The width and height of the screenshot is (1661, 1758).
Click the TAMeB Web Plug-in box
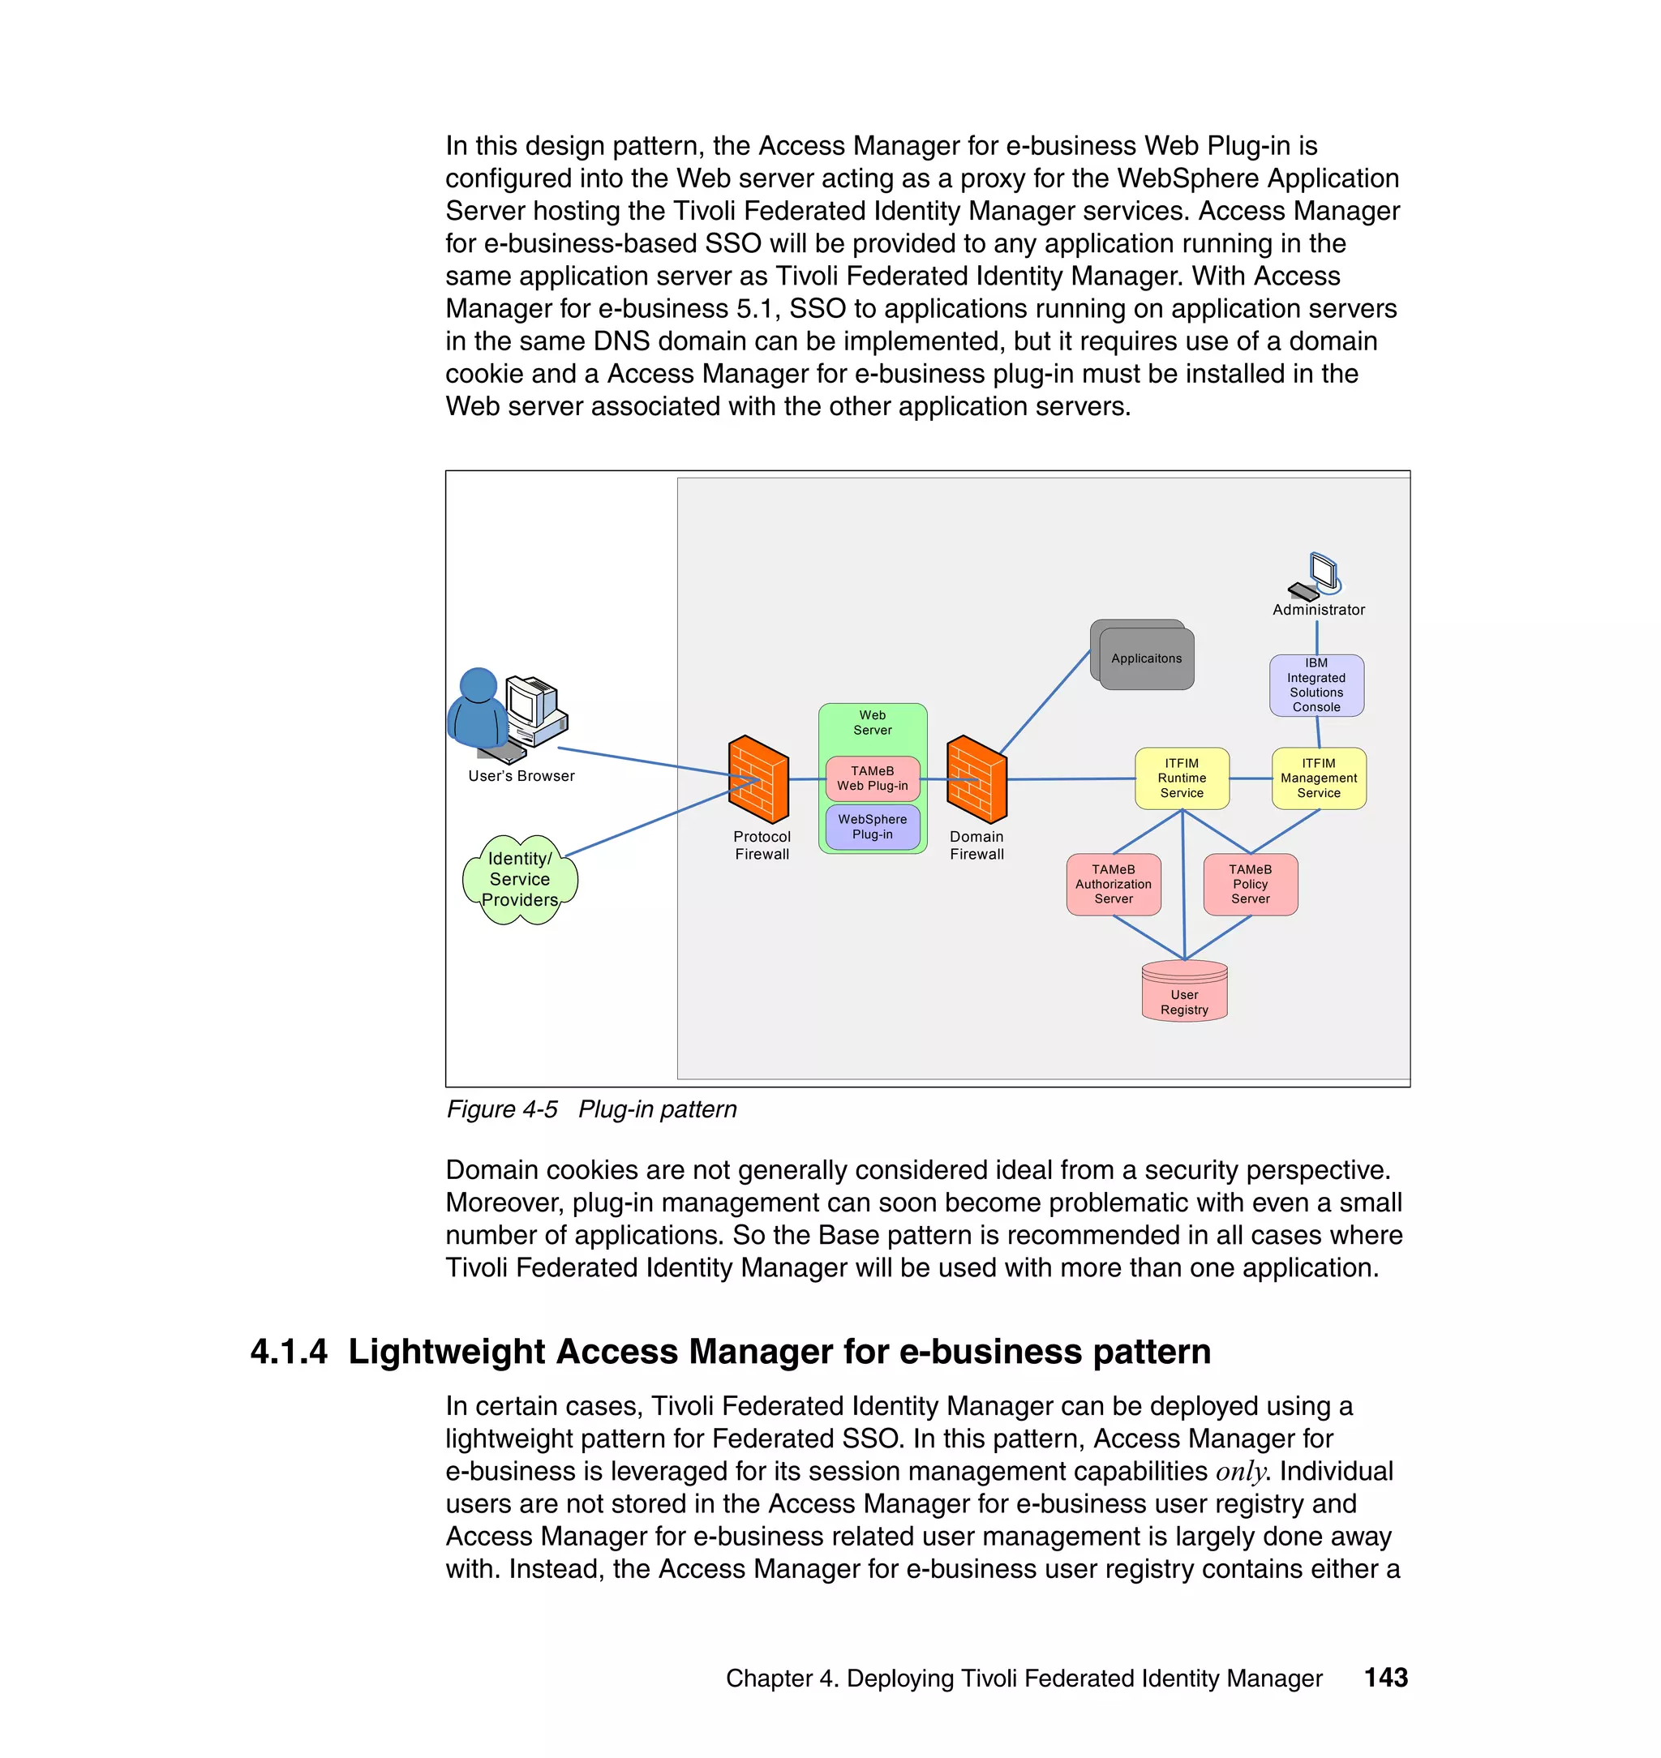[x=872, y=778]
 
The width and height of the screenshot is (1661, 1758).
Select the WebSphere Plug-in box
[x=872, y=827]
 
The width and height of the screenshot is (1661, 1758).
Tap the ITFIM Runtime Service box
[x=1181, y=778]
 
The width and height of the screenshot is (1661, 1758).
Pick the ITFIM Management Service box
[x=1319, y=778]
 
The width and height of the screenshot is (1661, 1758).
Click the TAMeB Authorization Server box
[x=1113, y=883]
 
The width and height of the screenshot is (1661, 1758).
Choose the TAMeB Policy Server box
[x=1250, y=883]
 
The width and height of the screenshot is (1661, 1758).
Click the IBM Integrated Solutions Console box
[x=1315, y=685]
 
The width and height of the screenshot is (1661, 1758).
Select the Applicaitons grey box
[x=1145, y=658]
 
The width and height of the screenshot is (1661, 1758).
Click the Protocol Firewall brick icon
[x=758, y=779]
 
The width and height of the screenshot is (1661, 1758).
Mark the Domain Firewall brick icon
[x=976, y=779]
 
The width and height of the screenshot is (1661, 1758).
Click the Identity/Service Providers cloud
[x=520, y=879]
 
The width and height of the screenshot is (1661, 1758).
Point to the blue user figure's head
[x=479, y=684]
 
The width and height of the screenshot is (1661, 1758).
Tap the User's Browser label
[x=521, y=775]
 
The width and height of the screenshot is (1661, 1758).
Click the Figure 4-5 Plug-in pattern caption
[x=590, y=1109]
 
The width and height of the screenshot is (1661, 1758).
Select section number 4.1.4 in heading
[x=289, y=1352]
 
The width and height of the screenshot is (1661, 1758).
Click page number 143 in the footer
[x=1385, y=1677]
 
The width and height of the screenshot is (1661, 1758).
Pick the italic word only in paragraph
[x=1240, y=1471]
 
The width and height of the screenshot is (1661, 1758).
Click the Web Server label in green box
[x=872, y=722]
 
